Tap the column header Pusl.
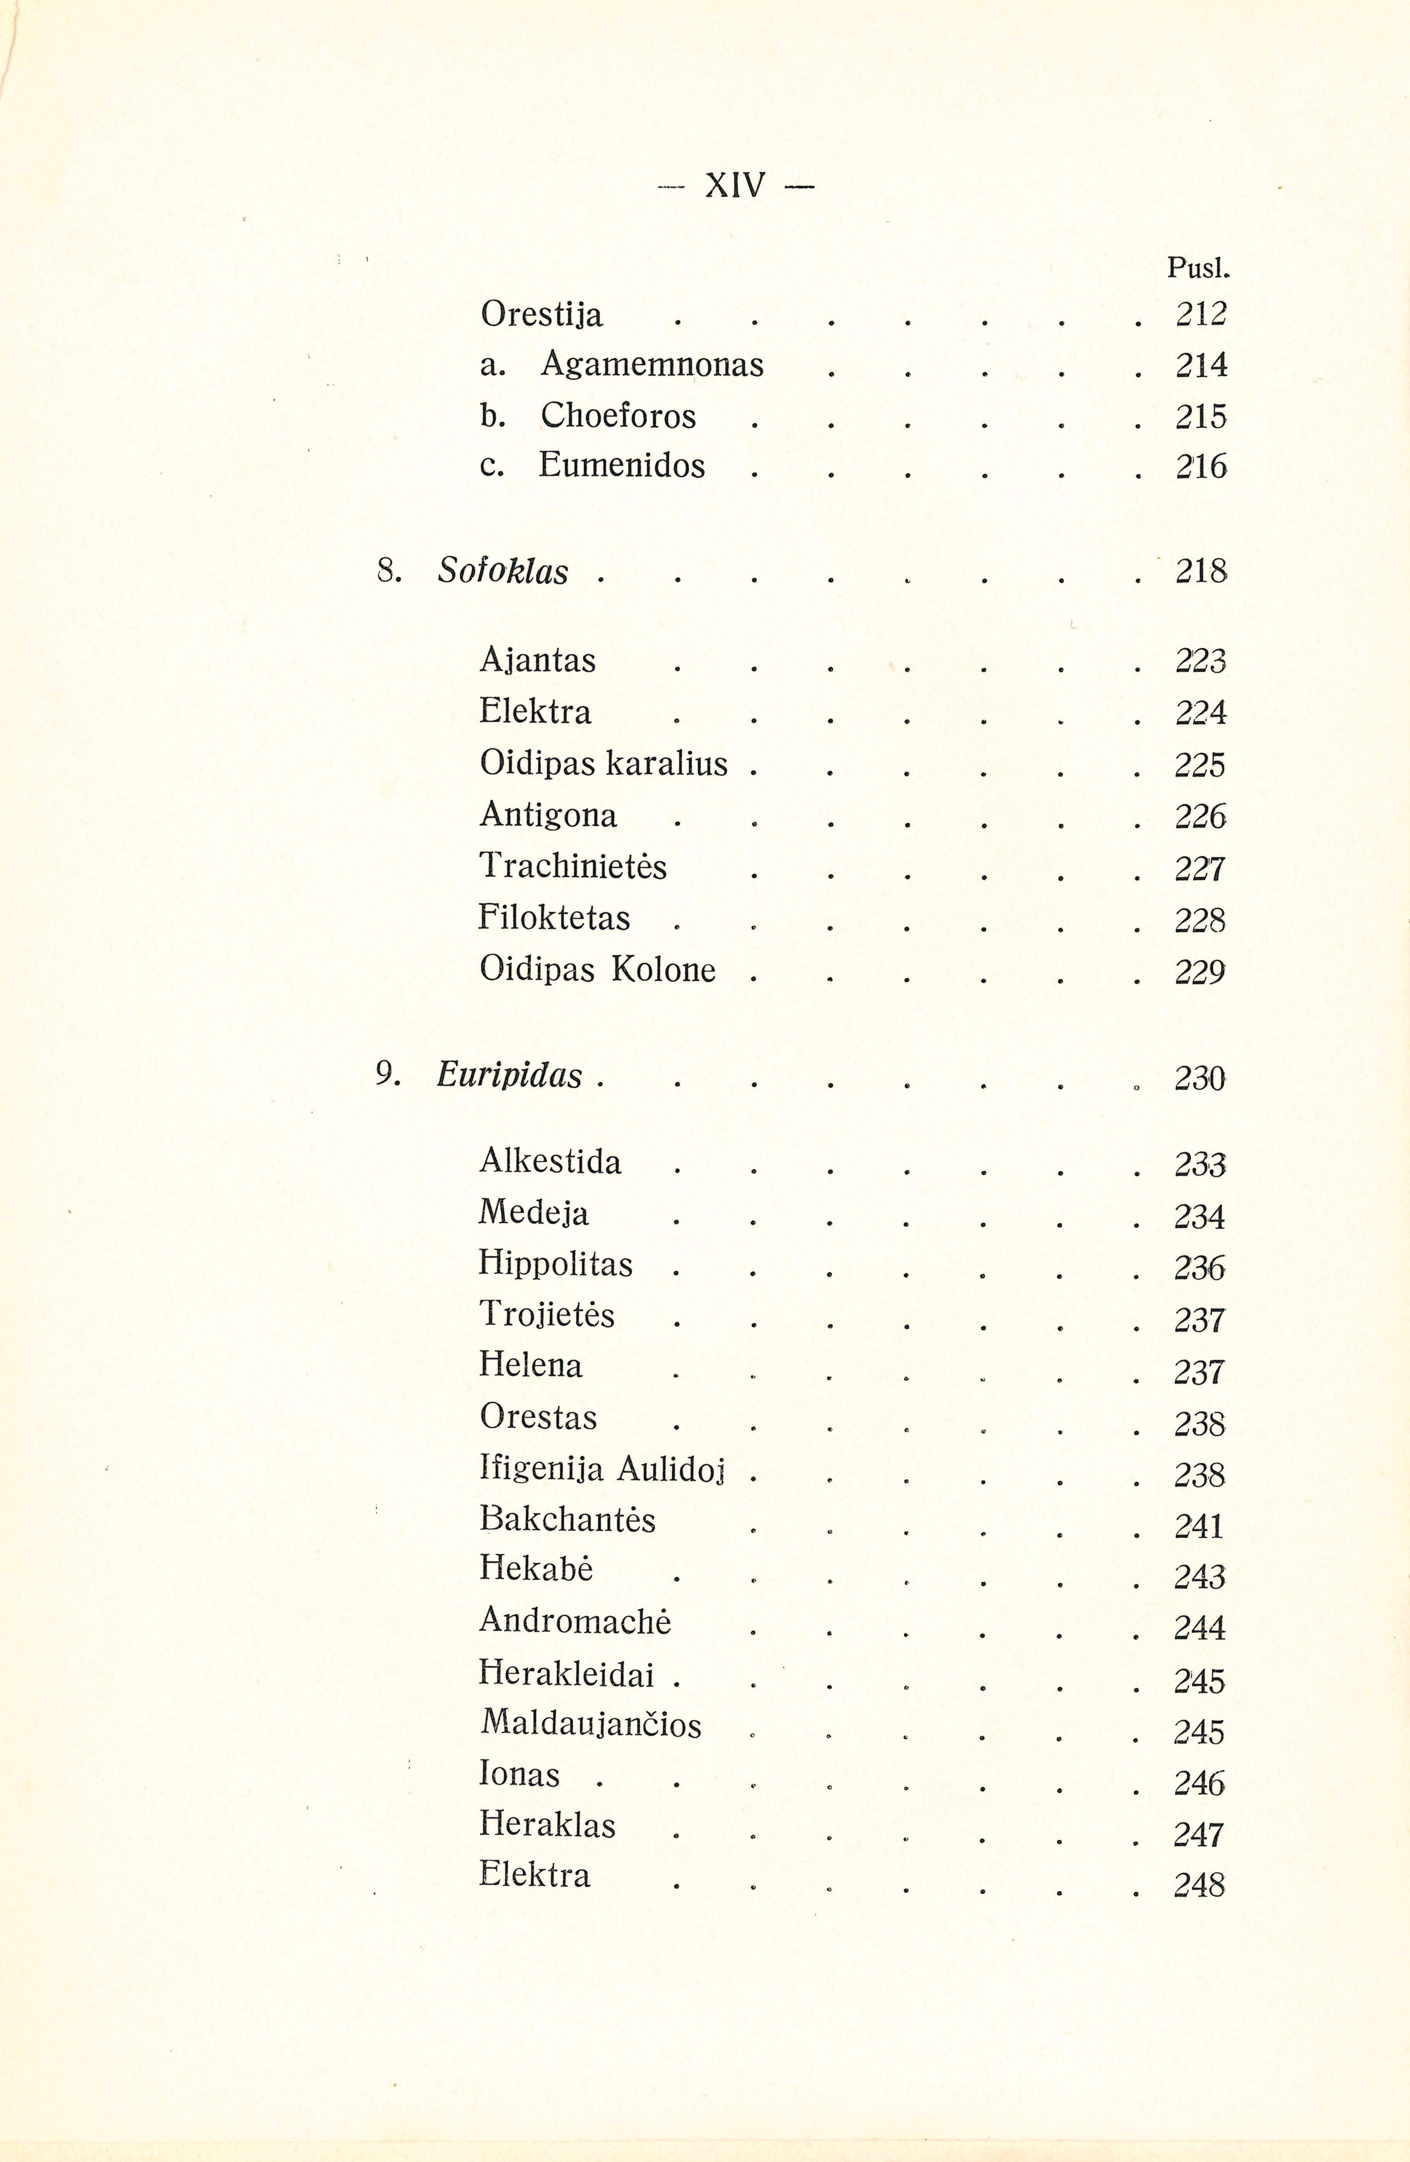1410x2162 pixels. [1197, 268]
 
